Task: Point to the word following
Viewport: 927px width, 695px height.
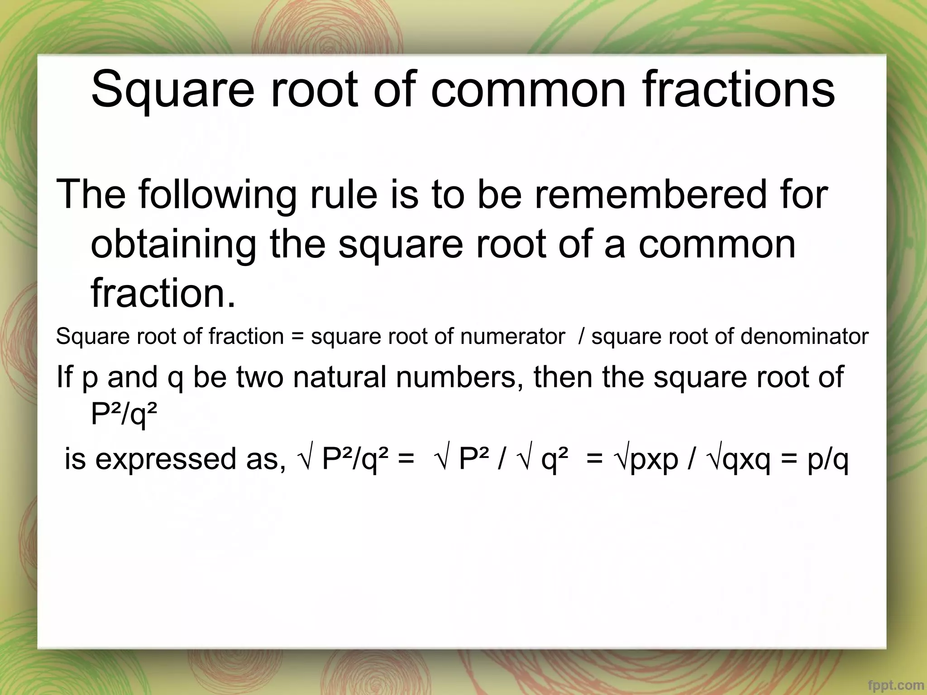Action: [218, 195]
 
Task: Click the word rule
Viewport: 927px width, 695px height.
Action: [344, 194]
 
